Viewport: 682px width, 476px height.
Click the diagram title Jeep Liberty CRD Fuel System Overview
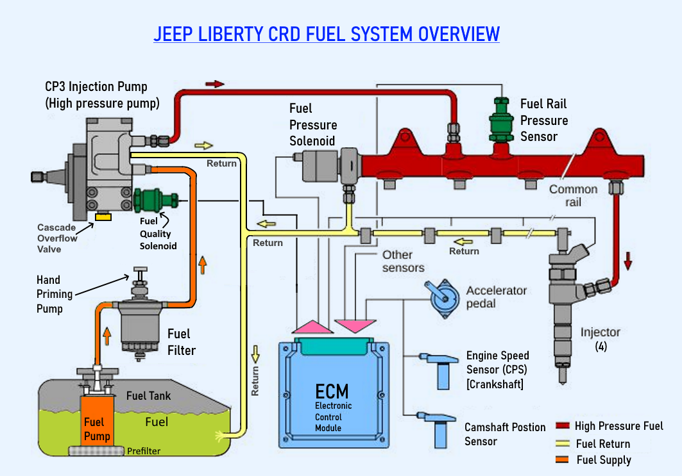(x=326, y=33)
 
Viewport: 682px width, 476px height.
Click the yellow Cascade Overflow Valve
(x=102, y=217)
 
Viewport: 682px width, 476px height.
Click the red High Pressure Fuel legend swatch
(x=563, y=426)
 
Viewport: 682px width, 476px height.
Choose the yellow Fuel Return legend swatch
(x=563, y=443)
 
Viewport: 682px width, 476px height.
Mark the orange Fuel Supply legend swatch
(x=563, y=459)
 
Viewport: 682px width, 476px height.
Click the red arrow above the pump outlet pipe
(x=215, y=84)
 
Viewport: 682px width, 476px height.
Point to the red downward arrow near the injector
(x=628, y=259)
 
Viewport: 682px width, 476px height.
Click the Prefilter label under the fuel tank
(x=143, y=451)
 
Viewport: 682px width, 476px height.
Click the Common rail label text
(x=572, y=195)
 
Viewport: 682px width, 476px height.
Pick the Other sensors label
(x=403, y=261)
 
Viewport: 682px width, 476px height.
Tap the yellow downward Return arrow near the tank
(x=255, y=352)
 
